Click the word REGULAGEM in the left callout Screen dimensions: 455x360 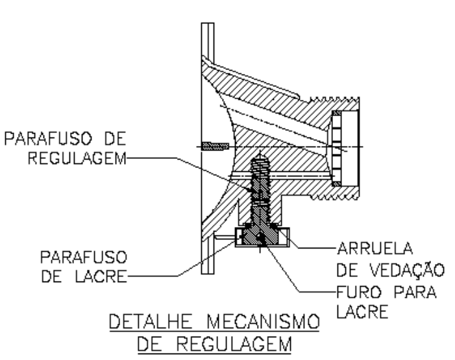[77, 159]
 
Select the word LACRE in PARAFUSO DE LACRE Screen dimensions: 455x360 [101, 276]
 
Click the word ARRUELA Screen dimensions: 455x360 [375, 248]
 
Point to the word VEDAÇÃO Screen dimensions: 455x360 [408, 270]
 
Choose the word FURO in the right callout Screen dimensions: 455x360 [358, 292]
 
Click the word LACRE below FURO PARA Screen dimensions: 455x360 [362, 312]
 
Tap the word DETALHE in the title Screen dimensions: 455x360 [151, 322]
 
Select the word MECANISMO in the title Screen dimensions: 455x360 [264, 322]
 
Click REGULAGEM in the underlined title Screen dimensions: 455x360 [234, 344]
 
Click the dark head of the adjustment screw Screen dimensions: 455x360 [260, 236]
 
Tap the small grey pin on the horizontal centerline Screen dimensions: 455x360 [215, 146]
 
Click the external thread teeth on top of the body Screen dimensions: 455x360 [334, 100]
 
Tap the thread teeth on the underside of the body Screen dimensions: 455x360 [334, 198]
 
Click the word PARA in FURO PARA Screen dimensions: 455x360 [415, 292]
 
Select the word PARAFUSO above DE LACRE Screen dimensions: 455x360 [84, 258]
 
